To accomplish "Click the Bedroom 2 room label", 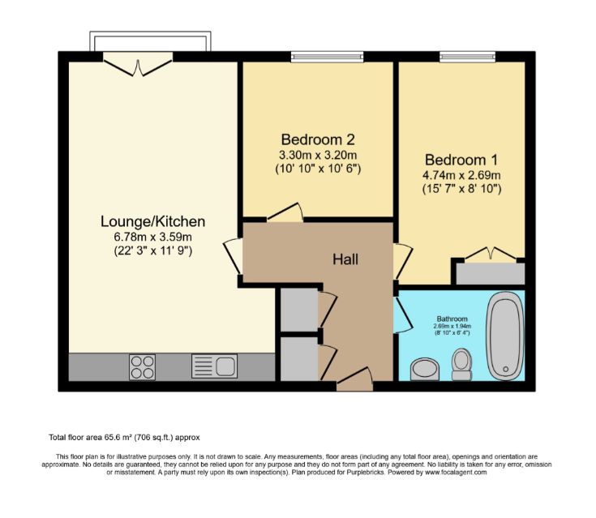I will (318, 139).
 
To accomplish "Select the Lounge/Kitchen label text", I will (152, 220).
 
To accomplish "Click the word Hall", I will (345, 259).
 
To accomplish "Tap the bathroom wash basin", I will (425, 370).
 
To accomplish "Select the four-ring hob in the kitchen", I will (143, 367).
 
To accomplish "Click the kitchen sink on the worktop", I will (213, 367).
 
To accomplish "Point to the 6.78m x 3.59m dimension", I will (152, 237).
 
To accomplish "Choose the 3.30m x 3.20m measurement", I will (318, 154).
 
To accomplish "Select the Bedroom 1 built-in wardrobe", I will (489, 272).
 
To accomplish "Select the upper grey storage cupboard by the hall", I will (298, 309).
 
